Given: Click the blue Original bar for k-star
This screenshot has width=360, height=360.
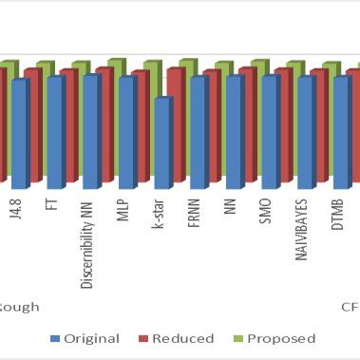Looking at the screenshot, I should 162,142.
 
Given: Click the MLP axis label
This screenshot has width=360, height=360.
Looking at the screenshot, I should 123,209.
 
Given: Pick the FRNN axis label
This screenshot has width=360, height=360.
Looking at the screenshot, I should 194,211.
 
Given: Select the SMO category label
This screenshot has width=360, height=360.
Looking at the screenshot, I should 266,210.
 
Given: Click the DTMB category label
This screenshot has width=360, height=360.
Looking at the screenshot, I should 338,212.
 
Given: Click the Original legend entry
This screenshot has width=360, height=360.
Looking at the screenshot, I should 85,338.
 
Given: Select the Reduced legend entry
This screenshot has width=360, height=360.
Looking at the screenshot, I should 176,338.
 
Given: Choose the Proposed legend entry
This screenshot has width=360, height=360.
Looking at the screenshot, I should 273,338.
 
